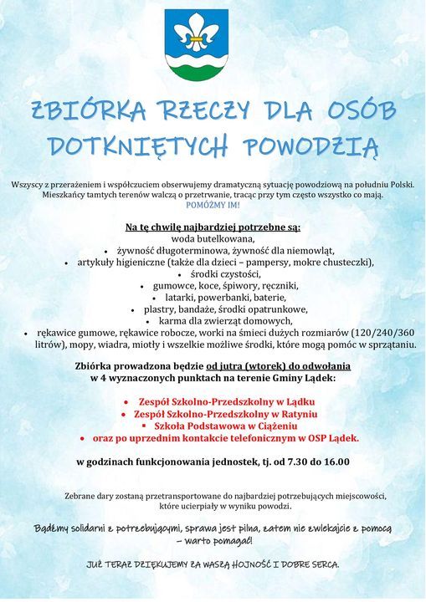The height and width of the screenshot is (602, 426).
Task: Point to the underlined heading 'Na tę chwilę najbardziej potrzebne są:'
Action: tap(212, 227)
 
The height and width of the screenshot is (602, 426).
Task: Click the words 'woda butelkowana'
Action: tap(212, 237)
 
